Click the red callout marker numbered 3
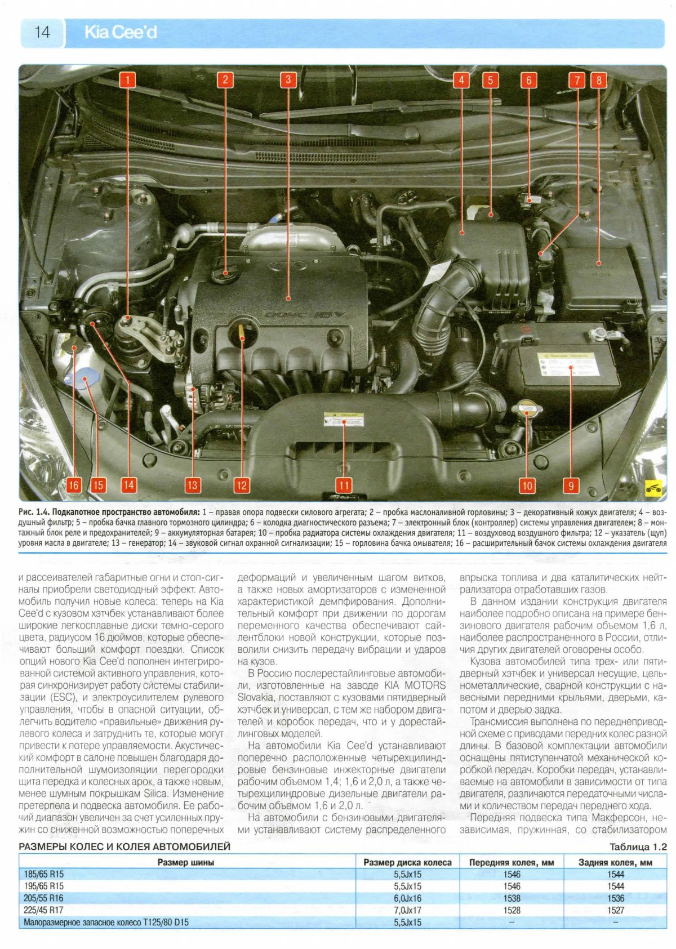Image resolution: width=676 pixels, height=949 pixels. pyautogui.click(x=288, y=79)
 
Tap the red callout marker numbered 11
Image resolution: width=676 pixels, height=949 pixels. pyautogui.click(x=344, y=485)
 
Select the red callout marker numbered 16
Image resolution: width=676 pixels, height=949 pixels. pyautogui.click(x=74, y=484)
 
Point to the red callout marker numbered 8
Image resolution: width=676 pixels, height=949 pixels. pyautogui.click(x=598, y=80)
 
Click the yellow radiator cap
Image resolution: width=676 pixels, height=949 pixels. pyautogui.click(x=527, y=408)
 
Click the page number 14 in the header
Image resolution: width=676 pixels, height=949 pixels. pyautogui.click(x=42, y=33)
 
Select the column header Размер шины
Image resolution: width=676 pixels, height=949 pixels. pyautogui.click(x=185, y=862)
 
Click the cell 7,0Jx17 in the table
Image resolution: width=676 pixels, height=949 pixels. pyautogui.click(x=407, y=910)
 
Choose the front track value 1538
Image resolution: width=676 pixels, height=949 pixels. pyautogui.click(x=512, y=898)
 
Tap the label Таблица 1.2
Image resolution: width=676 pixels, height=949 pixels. pyautogui.click(x=638, y=847)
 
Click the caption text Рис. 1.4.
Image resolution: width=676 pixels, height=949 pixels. pyautogui.click(x=34, y=512)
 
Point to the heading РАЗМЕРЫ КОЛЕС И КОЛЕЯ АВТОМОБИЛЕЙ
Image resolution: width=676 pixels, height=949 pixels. pyautogui.click(x=124, y=846)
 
